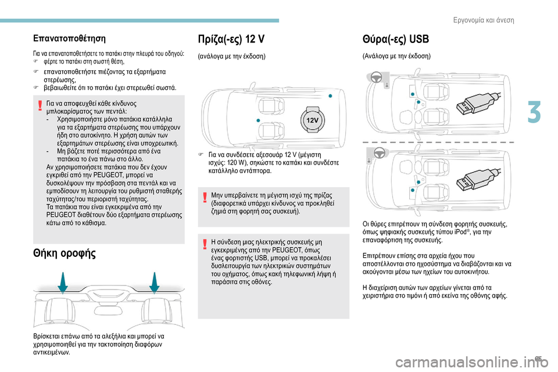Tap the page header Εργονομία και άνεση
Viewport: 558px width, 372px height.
click(x=482, y=20)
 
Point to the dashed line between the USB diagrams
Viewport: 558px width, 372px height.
click(x=438, y=142)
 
